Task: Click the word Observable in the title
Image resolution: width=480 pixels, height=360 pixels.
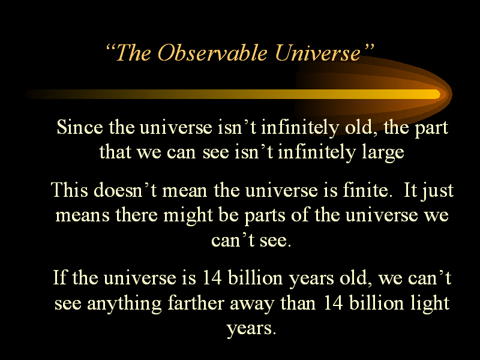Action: point(212,52)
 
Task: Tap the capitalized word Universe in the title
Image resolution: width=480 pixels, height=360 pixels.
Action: point(318,52)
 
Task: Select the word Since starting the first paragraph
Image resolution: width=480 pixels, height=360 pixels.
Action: point(80,127)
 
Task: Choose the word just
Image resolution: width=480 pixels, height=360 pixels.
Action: point(437,191)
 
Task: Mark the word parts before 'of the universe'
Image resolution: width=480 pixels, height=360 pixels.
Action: point(265,216)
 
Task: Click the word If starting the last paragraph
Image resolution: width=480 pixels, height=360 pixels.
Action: point(60,278)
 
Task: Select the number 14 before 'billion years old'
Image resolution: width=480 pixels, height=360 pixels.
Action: point(212,278)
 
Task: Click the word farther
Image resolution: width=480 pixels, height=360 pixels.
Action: point(196,303)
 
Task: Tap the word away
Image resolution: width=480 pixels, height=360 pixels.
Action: point(252,305)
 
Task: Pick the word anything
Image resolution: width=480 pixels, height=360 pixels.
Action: point(124,304)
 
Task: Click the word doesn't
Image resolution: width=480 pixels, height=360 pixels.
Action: point(125,190)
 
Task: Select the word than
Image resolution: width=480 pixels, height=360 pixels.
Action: point(298,303)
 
